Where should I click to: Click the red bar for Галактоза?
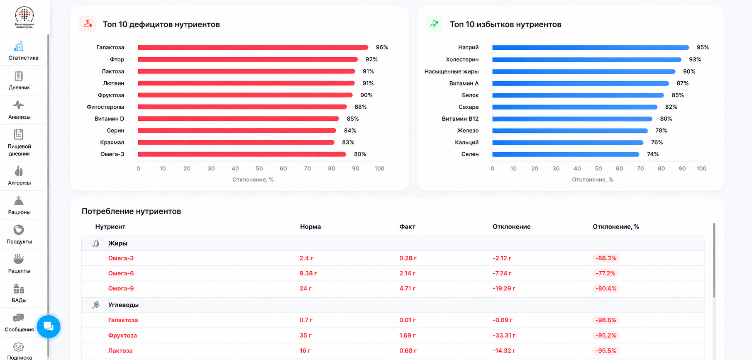click(x=253, y=47)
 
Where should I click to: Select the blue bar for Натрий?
click(x=591, y=47)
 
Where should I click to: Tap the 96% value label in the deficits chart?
click(x=382, y=47)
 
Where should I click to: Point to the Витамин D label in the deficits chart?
click(x=109, y=119)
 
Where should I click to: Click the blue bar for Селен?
click(x=566, y=154)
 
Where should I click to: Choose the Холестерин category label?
click(x=462, y=59)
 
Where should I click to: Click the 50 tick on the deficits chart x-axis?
click(x=259, y=168)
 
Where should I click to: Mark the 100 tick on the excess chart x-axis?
click(x=701, y=168)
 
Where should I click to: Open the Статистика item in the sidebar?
click(x=23, y=51)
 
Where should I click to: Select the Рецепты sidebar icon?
click(x=19, y=259)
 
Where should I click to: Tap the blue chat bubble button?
click(x=49, y=327)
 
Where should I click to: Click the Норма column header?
click(x=310, y=227)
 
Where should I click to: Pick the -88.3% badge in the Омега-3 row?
click(x=606, y=258)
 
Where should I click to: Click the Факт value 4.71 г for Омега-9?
click(x=408, y=288)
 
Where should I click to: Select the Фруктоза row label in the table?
click(x=122, y=335)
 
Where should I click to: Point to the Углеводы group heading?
click(x=123, y=305)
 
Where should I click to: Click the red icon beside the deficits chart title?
click(x=88, y=24)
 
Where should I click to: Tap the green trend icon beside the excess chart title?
click(x=434, y=24)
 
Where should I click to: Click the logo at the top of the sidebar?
click(x=24, y=17)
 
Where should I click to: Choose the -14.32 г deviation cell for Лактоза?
click(x=504, y=350)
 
